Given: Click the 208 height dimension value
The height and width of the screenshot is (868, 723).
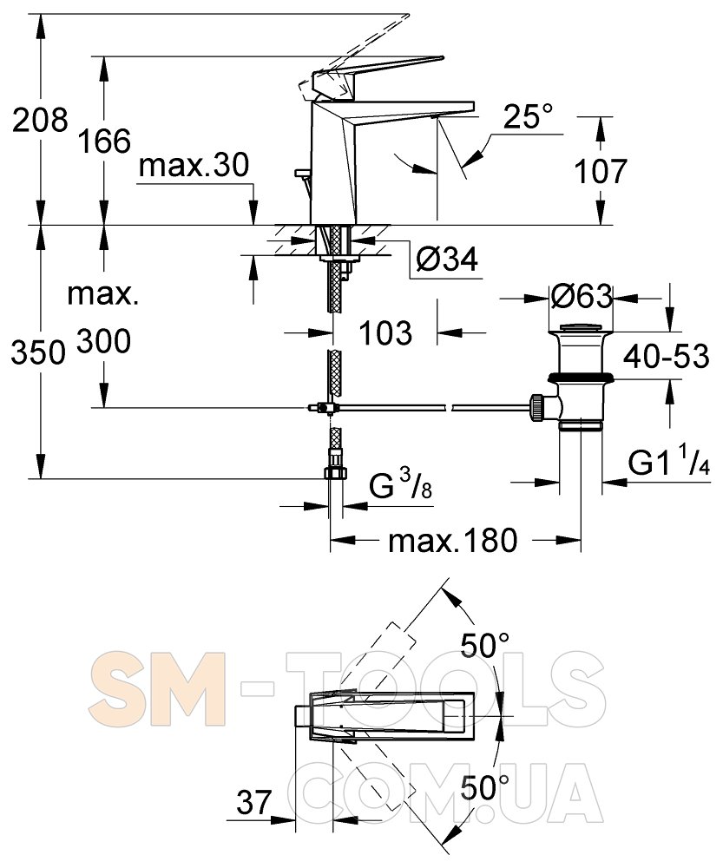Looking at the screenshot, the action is pyautogui.click(x=40, y=120).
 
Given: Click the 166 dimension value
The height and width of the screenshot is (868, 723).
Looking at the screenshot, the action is pyautogui.click(x=103, y=141).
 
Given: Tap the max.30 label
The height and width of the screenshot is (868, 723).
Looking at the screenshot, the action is pyautogui.click(x=194, y=166).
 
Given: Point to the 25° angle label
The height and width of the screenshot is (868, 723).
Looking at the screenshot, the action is pyautogui.click(x=528, y=117).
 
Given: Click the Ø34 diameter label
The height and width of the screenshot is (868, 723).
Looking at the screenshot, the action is pyautogui.click(x=447, y=259).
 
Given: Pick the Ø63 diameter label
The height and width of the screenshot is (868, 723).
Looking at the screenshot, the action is pyautogui.click(x=582, y=297).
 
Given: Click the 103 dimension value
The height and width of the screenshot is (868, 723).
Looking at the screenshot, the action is pyautogui.click(x=385, y=332).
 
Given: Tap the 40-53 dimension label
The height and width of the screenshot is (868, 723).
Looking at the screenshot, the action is pyautogui.click(x=666, y=356).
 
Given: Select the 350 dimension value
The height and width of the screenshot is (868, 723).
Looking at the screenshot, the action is pyautogui.click(x=38, y=352).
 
